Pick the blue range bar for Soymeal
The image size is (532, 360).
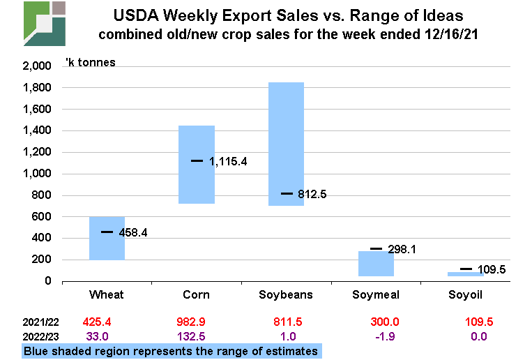tap(376, 264)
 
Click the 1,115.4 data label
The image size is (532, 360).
tap(228, 162)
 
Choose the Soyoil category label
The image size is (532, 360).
tap(465, 294)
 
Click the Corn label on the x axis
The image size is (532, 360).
tap(197, 294)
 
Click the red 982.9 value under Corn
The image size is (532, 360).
tap(196, 323)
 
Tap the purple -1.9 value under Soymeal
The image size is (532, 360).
tap(376, 336)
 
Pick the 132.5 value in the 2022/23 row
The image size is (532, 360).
tap(196, 336)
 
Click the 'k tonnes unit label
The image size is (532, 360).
tap(90, 63)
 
